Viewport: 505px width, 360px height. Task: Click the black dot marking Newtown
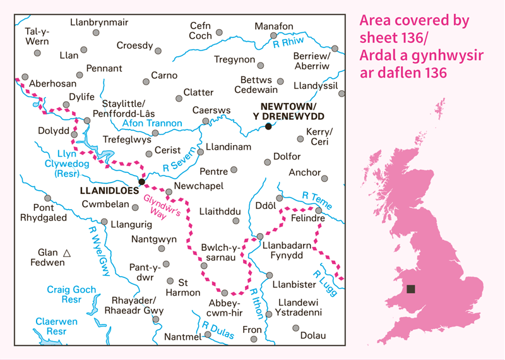[268, 126]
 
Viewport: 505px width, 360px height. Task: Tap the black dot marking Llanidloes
[141, 182]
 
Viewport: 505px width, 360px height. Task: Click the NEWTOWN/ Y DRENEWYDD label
[288, 111]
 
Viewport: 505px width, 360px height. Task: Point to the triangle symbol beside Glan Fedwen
[68, 253]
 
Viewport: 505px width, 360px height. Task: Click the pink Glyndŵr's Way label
[163, 205]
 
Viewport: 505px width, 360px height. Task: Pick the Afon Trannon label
[151, 123]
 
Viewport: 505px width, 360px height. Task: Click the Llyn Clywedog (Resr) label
[65, 163]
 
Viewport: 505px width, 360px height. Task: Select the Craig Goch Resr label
[71, 294]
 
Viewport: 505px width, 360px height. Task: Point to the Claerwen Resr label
[56, 326]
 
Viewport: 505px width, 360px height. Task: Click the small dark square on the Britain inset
[411, 289]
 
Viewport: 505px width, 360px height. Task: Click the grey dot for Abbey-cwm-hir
[225, 292]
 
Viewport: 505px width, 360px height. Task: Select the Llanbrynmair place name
[99, 22]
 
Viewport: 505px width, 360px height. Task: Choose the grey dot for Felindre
[319, 210]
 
